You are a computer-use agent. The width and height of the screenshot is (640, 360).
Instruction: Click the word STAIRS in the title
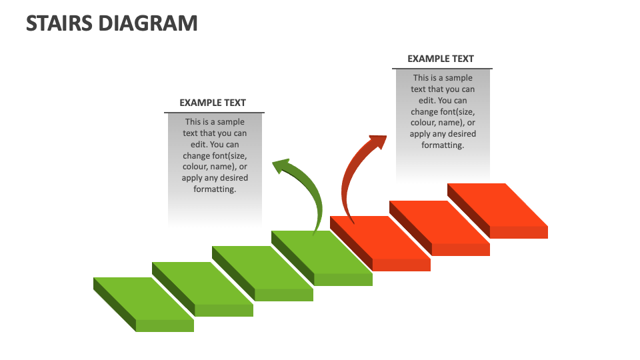(59, 23)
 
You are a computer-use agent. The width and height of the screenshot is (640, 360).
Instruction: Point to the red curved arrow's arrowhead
(376, 141)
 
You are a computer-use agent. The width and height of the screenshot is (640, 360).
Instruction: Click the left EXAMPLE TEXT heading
(213, 103)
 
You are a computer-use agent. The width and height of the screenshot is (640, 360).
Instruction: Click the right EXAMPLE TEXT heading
(441, 59)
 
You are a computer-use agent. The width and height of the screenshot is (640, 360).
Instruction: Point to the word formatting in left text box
(215, 189)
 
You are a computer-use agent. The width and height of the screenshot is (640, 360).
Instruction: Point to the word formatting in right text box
(443, 145)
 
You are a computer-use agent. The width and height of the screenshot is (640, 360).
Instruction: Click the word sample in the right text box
(459, 78)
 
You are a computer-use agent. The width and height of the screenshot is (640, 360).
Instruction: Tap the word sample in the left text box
(231, 122)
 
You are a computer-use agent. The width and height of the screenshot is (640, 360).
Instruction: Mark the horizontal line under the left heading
(214, 113)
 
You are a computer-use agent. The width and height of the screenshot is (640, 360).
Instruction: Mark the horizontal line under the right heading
(442, 69)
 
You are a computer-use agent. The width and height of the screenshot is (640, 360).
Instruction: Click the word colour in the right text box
(423, 123)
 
